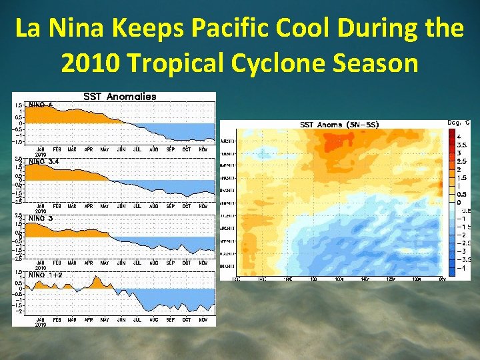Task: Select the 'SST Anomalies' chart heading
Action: coord(119,97)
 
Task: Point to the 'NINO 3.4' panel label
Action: coord(43,161)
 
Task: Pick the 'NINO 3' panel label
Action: coord(41,218)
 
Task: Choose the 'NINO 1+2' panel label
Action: coord(45,274)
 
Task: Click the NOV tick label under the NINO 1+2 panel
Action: coord(203,320)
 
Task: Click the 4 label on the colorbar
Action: coord(459,137)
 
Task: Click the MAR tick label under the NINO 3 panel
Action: coord(73,263)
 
